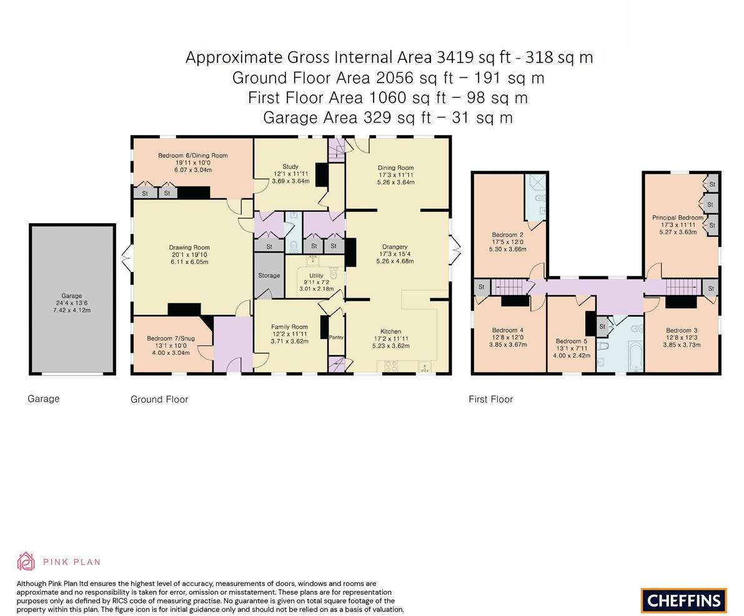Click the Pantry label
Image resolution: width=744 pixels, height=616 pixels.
coord(336,337)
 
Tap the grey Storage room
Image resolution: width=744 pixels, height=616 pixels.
coord(269,275)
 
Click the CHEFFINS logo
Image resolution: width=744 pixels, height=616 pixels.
coord(684,600)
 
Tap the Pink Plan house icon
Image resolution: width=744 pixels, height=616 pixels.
coord(26,562)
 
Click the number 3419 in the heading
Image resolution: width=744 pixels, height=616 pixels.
coord(455,58)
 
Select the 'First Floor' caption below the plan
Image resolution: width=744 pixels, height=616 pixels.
coord(490,400)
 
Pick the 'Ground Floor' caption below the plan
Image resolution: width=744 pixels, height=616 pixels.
coord(159,400)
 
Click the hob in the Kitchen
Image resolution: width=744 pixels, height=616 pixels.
coord(391,366)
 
